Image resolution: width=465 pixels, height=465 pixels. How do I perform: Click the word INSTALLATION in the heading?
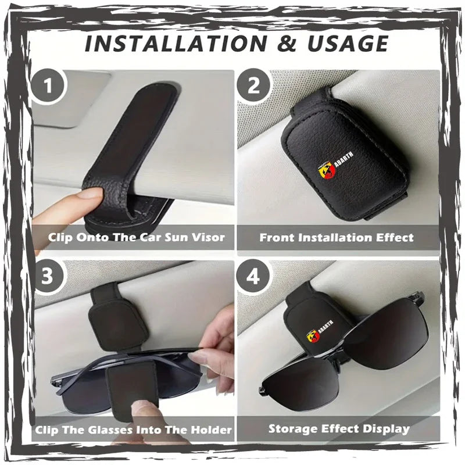click(176, 43)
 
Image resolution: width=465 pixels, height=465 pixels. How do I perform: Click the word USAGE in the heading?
click(348, 43)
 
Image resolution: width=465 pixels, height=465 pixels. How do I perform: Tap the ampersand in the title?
click(287, 44)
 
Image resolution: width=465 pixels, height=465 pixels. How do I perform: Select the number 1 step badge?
click(48, 85)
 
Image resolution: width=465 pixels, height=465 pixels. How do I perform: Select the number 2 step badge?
click(253, 85)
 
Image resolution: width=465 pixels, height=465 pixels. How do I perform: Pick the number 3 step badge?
click(48, 277)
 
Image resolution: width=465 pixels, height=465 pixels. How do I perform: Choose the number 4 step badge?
click(253, 277)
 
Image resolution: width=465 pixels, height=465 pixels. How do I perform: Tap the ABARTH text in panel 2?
click(344, 159)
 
